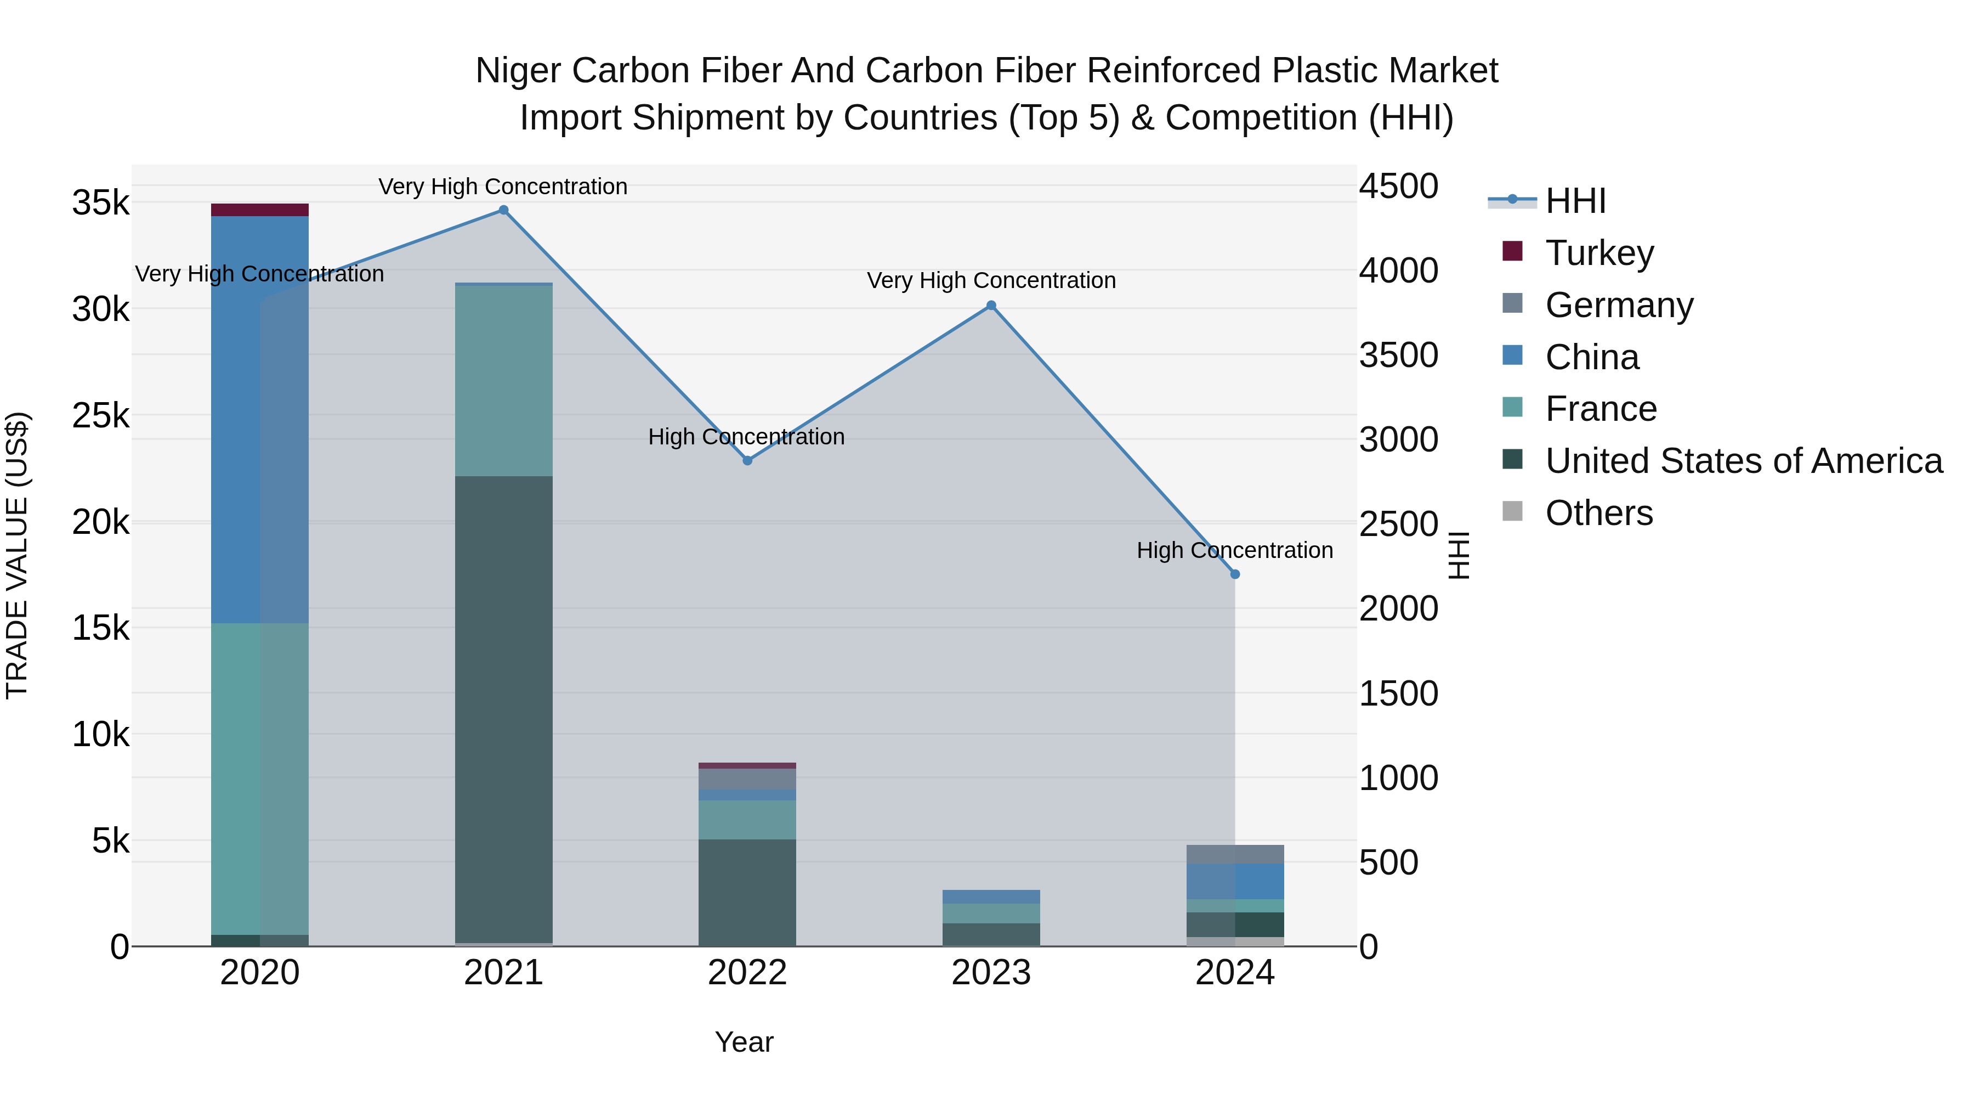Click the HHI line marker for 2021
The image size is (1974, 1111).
point(503,210)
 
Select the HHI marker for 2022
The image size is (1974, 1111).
point(748,461)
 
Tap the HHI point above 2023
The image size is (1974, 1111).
point(991,305)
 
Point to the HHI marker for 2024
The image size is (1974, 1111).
point(1234,574)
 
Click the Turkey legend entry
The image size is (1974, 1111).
point(1599,252)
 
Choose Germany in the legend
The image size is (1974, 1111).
point(1619,304)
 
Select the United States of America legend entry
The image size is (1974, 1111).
point(1743,461)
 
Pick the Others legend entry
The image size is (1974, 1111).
point(1598,513)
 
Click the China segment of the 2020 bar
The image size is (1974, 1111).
point(260,419)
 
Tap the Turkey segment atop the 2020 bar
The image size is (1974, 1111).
point(260,210)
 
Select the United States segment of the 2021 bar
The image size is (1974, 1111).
point(503,709)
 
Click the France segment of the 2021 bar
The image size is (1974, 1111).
point(503,381)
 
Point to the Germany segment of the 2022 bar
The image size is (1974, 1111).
point(747,779)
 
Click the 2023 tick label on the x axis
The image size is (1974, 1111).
point(991,973)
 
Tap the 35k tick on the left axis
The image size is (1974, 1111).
point(100,203)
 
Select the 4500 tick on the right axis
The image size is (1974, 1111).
point(1398,187)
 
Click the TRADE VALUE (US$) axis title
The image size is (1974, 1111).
point(18,555)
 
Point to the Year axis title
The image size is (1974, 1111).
point(744,1042)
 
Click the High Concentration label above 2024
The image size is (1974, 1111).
point(1234,550)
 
